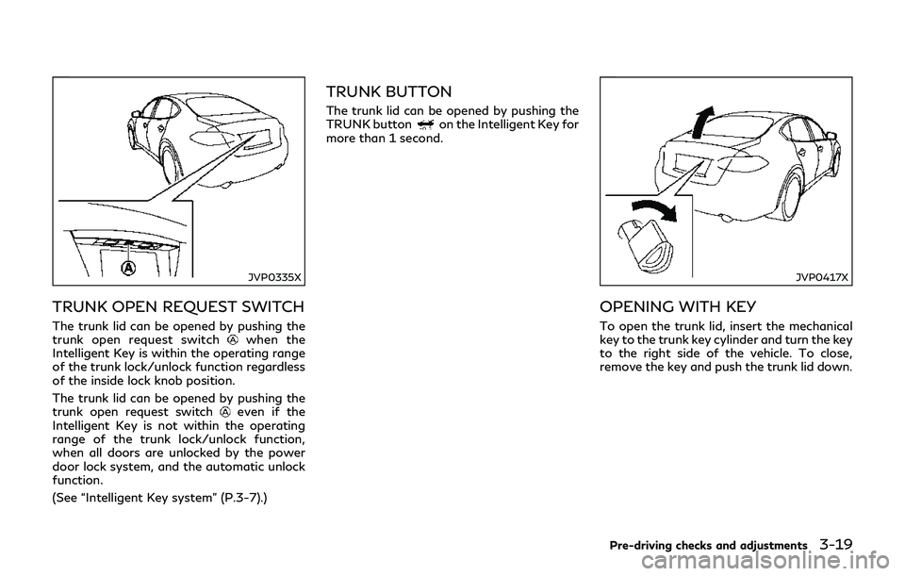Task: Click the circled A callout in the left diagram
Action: click(127, 267)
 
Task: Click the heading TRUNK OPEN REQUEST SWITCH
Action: click(179, 306)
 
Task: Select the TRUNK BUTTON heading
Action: click(388, 92)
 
